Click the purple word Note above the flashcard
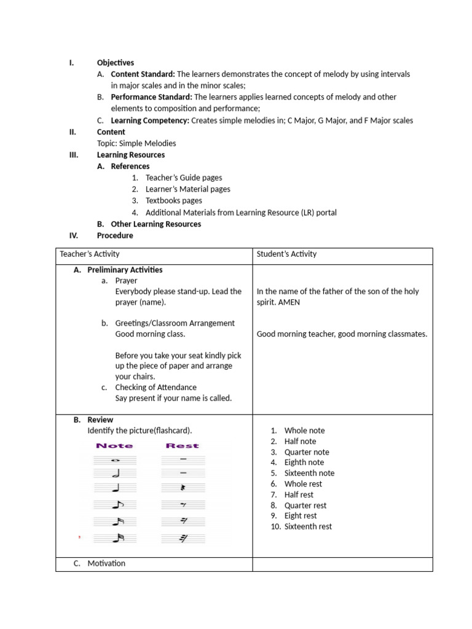[x=114, y=446]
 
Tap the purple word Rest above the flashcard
[x=183, y=446]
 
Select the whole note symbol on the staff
[x=114, y=460]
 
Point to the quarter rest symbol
[x=183, y=488]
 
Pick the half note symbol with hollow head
[x=115, y=474]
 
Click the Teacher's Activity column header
[x=90, y=254]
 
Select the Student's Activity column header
[x=286, y=254]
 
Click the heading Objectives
[x=115, y=63]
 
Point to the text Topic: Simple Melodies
[x=136, y=143]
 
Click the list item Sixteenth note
[x=309, y=473]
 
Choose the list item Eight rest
[x=301, y=516]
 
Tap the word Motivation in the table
[x=106, y=563]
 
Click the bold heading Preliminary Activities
[x=125, y=270]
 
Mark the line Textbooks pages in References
[x=173, y=200]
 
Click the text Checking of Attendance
[x=156, y=387]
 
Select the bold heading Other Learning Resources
[x=155, y=224]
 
